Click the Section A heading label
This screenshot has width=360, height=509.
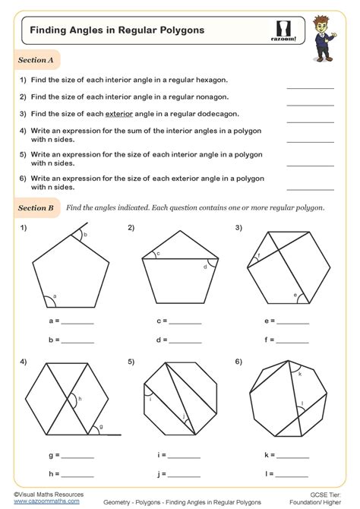(36, 59)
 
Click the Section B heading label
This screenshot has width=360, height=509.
(36, 207)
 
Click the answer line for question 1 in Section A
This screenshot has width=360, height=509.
(310, 87)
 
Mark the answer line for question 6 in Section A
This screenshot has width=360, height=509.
(310, 188)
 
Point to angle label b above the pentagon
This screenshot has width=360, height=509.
(86, 236)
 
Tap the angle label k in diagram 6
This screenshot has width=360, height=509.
(301, 375)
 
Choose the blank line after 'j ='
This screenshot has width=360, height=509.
(182, 473)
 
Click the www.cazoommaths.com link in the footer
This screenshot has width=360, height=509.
(31, 502)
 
